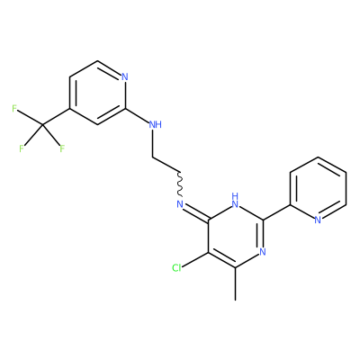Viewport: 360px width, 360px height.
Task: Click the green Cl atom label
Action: point(176,268)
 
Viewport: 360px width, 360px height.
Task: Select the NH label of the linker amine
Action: point(156,124)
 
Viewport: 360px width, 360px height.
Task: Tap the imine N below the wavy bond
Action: point(180,204)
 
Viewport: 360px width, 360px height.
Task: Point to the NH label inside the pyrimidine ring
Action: point(236,201)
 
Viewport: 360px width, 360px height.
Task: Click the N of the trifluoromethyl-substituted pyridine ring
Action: point(125,76)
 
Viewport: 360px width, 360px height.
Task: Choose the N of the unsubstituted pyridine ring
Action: point(318,220)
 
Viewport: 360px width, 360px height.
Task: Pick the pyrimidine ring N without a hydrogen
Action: point(263,252)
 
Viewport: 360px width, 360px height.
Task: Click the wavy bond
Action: point(180,184)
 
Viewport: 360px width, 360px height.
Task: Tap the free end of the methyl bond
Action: point(236,300)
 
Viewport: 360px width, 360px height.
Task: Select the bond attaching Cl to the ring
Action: point(195,260)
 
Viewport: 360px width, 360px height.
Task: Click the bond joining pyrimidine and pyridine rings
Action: point(276,212)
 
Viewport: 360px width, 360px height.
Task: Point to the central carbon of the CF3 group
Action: point(42,124)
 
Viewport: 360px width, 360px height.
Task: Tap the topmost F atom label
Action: point(14,109)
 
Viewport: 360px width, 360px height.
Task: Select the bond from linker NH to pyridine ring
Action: point(138,116)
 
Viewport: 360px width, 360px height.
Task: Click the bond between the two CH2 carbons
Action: point(166,165)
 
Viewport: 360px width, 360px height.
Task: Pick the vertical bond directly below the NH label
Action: point(153,143)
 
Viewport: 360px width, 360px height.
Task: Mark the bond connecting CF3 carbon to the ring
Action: point(56,116)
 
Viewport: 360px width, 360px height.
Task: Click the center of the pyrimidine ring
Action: point(236,236)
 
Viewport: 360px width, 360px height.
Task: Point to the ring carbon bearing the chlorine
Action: point(209,252)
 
